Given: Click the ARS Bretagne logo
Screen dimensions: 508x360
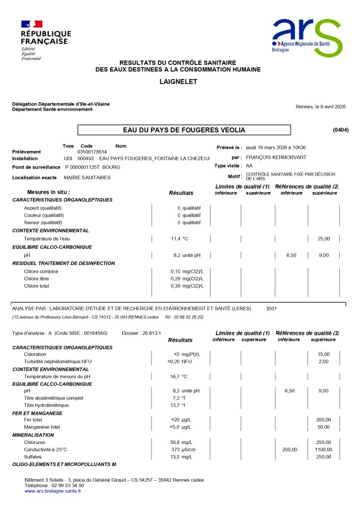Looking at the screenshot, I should (306, 38).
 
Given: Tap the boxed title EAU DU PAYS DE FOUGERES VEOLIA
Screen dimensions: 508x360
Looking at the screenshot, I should (184, 130).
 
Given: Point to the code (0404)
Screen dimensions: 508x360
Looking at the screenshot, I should (341, 130).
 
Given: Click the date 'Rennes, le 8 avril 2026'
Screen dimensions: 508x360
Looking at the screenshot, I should (320, 107).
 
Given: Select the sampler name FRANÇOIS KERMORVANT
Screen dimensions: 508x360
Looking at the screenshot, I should (276, 157).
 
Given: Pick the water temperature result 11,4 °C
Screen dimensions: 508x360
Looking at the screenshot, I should (179, 239).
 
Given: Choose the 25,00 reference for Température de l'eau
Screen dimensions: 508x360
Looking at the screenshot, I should (324, 239).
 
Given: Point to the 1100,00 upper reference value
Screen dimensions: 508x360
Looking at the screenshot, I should (324, 449).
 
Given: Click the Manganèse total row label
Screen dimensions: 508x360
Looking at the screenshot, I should (42, 427).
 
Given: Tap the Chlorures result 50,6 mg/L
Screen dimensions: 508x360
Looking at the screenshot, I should (182, 442).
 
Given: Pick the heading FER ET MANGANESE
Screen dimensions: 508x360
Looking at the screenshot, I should (37, 413).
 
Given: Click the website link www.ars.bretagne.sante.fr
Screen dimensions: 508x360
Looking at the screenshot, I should (53, 491).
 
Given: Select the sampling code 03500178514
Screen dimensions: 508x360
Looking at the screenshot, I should (92, 152).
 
